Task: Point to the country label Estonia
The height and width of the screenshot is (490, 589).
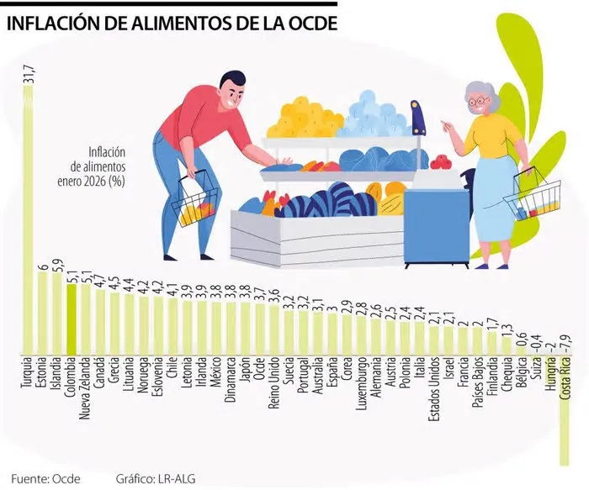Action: [x=42, y=378]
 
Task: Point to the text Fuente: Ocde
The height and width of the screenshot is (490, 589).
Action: [x=46, y=478]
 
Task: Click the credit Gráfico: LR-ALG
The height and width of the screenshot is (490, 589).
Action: [x=159, y=478]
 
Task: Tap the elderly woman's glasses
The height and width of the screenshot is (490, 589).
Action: [x=479, y=101]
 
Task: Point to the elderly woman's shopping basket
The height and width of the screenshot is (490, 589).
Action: [x=532, y=198]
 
